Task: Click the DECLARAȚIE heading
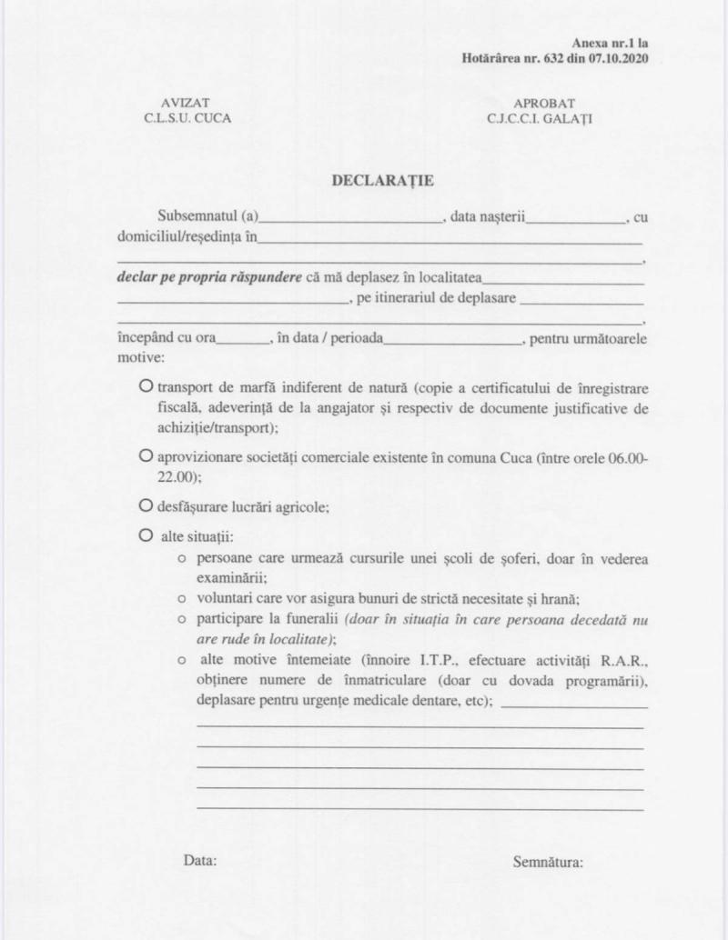(382, 180)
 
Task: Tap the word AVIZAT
(186, 103)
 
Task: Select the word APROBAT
(544, 103)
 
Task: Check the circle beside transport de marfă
(146, 386)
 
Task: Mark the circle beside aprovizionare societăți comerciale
(146, 454)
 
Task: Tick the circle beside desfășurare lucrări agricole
(146, 504)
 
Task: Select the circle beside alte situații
(146, 536)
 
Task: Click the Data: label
(200, 860)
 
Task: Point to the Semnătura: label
(548, 861)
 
